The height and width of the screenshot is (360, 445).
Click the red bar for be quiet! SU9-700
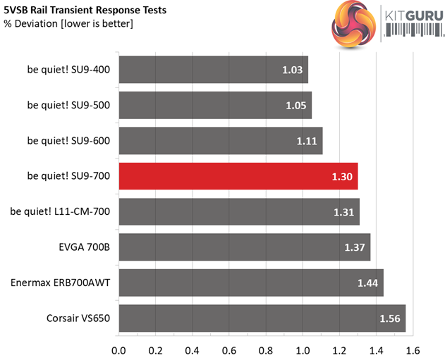pyautogui.click(x=238, y=176)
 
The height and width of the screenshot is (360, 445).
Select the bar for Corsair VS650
pyautogui.click(x=262, y=318)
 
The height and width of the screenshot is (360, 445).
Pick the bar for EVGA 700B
pyautogui.click(x=244, y=247)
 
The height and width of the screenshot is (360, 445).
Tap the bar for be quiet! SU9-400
pyautogui.click(x=213, y=69)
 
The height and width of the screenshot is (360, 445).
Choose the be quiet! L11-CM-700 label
pyautogui.click(x=61, y=212)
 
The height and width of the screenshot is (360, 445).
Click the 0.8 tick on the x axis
pyautogui.click(x=266, y=349)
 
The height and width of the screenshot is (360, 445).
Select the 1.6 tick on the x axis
pyautogui.click(x=413, y=349)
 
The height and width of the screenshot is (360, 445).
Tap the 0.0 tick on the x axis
pyautogui.click(x=118, y=349)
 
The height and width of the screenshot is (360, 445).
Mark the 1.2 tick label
pyautogui.click(x=339, y=349)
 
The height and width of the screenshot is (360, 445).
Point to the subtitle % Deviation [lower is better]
pyautogui.click(x=68, y=24)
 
